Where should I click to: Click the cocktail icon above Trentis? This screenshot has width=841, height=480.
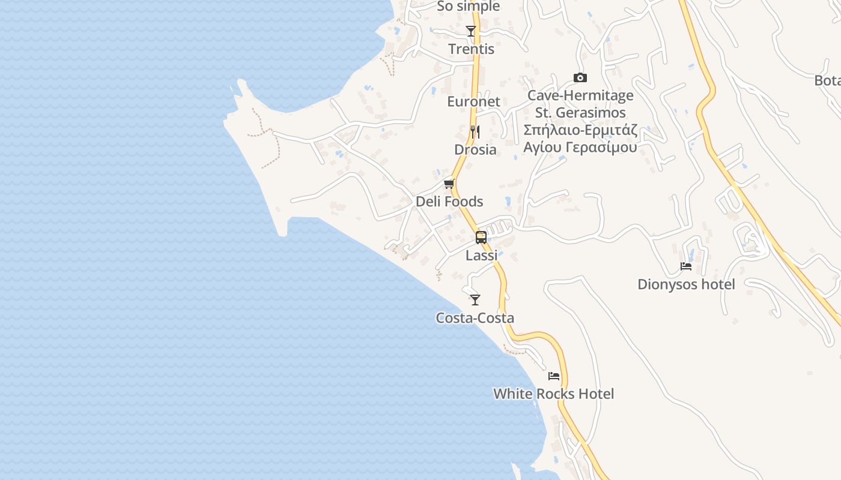tap(471, 31)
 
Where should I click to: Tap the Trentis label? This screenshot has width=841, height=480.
tap(472, 49)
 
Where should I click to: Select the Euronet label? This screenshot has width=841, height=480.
tap(473, 101)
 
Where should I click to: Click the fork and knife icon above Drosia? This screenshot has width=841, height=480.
tap(475, 131)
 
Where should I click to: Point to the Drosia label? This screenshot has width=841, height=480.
tap(475, 149)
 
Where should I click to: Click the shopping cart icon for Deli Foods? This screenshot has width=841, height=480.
tap(449, 184)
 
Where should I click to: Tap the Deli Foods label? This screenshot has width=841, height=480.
tap(449, 202)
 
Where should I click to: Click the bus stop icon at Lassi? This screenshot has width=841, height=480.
tap(481, 237)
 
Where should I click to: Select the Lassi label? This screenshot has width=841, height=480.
tap(482, 256)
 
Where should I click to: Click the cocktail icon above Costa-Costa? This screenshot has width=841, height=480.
tap(475, 299)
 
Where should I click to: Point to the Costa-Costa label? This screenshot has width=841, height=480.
tap(475, 318)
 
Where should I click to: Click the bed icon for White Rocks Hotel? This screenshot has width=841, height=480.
tap(554, 376)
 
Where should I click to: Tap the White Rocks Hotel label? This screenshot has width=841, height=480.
tap(553, 394)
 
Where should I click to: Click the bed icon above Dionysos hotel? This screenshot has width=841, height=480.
tap(686, 266)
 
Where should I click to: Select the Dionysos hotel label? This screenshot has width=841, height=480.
tap(686, 284)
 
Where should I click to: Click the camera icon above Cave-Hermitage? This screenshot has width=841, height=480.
tap(580, 77)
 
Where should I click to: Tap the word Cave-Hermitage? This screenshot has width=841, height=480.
tap(580, 95)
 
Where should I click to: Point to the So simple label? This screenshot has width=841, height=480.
tap(468, 7)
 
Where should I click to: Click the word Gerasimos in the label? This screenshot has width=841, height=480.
tap(589, 113)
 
